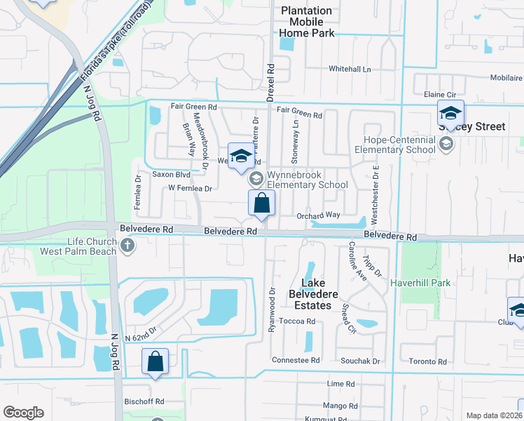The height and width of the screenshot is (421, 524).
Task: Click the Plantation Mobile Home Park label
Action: point(306,21)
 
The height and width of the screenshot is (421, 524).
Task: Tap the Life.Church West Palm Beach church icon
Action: point(127,246)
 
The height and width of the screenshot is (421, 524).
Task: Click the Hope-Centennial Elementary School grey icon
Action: point(445,145)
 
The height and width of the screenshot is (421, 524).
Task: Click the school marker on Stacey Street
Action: point(450,112)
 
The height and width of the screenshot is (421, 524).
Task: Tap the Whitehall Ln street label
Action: point(350,69)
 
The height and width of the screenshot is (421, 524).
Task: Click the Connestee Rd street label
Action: point(295,360)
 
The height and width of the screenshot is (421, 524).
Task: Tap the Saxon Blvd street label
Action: point(152,174)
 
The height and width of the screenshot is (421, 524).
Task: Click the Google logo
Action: point(23,413)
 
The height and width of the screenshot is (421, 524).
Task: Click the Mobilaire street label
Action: point(506,78)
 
